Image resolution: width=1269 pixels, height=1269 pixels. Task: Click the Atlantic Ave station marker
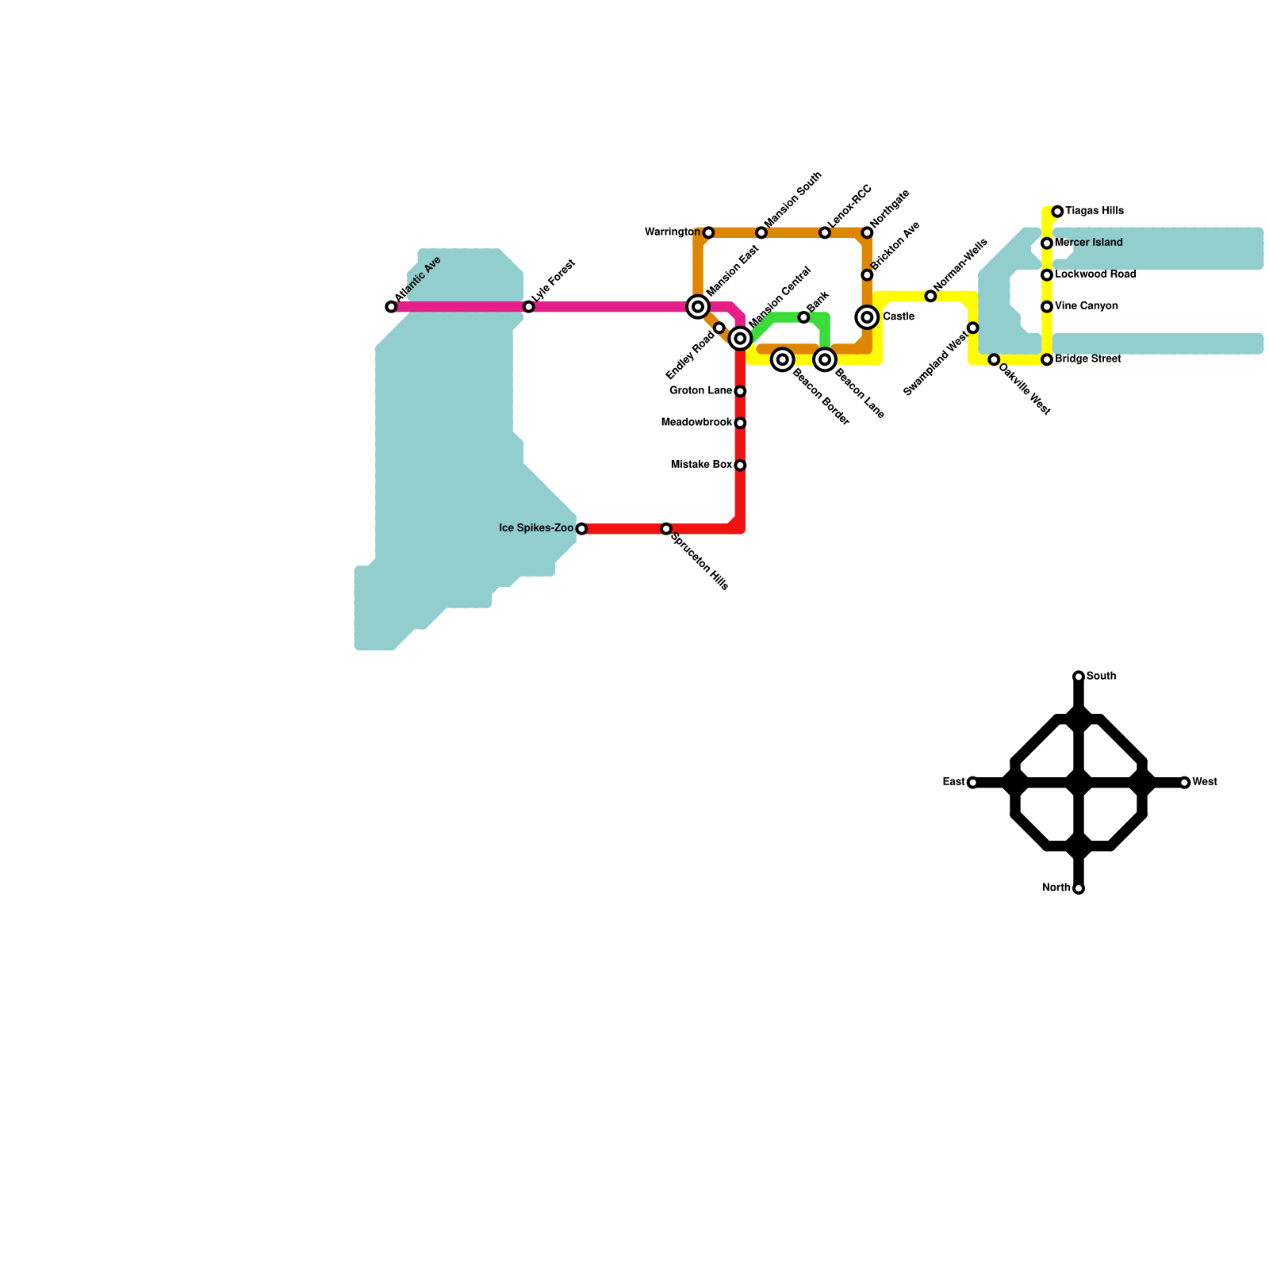point(391,307)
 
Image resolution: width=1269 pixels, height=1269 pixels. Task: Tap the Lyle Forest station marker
point(529,307)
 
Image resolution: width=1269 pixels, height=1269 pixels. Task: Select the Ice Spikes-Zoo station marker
point(581,529)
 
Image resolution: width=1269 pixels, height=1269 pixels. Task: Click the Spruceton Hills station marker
point(666,529)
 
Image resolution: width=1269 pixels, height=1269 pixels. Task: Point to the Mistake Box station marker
point(740,466)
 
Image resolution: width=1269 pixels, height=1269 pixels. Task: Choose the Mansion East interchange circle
point(698,307)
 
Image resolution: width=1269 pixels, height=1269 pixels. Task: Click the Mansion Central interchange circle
point(740,339)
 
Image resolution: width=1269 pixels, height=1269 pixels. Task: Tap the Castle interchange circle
point(868,317)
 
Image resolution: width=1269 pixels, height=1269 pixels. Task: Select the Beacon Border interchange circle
point(783,360)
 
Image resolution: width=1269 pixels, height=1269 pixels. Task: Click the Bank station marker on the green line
point(803,317)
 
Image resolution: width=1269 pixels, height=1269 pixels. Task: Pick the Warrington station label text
point(673,232)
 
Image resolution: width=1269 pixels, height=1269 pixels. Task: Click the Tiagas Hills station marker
point(1057,212)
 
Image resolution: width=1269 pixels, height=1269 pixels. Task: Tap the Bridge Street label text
point(1087,359)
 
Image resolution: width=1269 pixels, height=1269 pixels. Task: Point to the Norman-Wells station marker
point(930,297)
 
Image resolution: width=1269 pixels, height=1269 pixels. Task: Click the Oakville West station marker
point(994,360)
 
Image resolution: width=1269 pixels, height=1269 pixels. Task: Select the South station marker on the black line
point(1079,677)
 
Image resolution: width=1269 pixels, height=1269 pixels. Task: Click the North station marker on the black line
point(1079,889)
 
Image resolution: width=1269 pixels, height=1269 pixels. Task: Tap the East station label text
point(953,782)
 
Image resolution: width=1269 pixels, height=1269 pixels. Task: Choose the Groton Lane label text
point(700,391)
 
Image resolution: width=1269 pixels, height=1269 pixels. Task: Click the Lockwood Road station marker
point(1047,275)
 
